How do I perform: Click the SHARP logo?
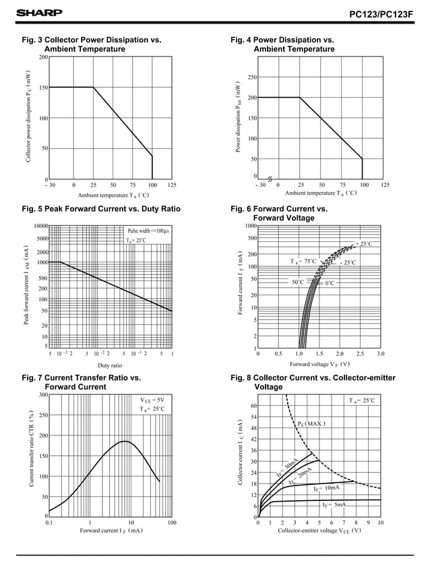39,13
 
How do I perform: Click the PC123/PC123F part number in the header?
382,13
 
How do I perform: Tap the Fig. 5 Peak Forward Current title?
101,209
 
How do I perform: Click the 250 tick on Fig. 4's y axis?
252,78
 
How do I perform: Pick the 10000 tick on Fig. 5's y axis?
40,226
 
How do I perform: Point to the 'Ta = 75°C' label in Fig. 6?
303,261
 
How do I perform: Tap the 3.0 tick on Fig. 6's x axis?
381,353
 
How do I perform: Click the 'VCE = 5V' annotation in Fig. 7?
152,399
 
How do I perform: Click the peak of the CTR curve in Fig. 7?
125,442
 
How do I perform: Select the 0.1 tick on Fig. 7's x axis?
49,523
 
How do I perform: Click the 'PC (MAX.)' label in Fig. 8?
311,423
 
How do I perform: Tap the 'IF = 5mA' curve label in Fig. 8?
333,504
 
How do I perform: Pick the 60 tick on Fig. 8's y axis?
253,406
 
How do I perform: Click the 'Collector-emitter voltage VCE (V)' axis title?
319,531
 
